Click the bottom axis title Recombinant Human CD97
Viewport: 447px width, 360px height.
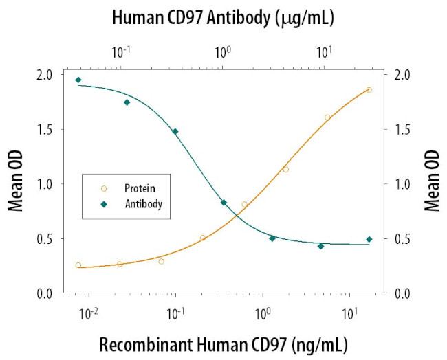pyautogui.click(x=223, y=343)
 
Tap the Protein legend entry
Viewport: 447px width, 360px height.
pyautogui.click(x=138, y=188)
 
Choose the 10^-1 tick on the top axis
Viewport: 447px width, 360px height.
pyautogui.click(x=121, y=52)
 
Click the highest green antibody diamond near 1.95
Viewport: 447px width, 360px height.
pyautogui.click(x=78, y=80)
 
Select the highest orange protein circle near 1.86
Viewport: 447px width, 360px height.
pyautogui.click(x=369, y=90)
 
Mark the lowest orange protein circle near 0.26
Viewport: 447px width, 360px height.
pyautogui.click(x=78, y=265)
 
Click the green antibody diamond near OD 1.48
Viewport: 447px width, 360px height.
pyautogui.click(x=175, y=131)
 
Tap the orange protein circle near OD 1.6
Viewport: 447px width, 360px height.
pyautogui.click(x=327, y=117)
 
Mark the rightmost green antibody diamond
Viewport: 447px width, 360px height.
pyautogui.click(x=369, y=239)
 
